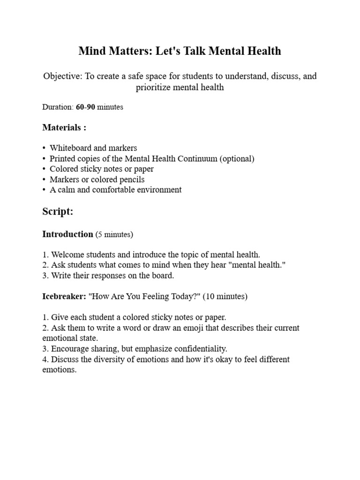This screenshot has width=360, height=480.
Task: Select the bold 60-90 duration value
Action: coord(85,107)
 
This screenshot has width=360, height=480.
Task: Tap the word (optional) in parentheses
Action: coord(237,158)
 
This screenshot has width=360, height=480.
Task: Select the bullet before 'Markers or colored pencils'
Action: coord(44,180)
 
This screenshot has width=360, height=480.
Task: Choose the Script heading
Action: coord(58,211)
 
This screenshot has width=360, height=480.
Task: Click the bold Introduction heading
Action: coord(67,234)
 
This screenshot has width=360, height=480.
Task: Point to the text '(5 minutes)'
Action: coord(114,234)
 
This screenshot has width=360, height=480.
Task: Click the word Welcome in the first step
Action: coord(67,255)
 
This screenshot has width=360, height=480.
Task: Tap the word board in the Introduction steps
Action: coord(162,276)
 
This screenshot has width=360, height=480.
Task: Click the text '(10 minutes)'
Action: coord(225,297)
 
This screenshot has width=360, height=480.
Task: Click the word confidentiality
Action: coord(197,349)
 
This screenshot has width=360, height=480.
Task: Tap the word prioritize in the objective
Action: coord(158,87)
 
